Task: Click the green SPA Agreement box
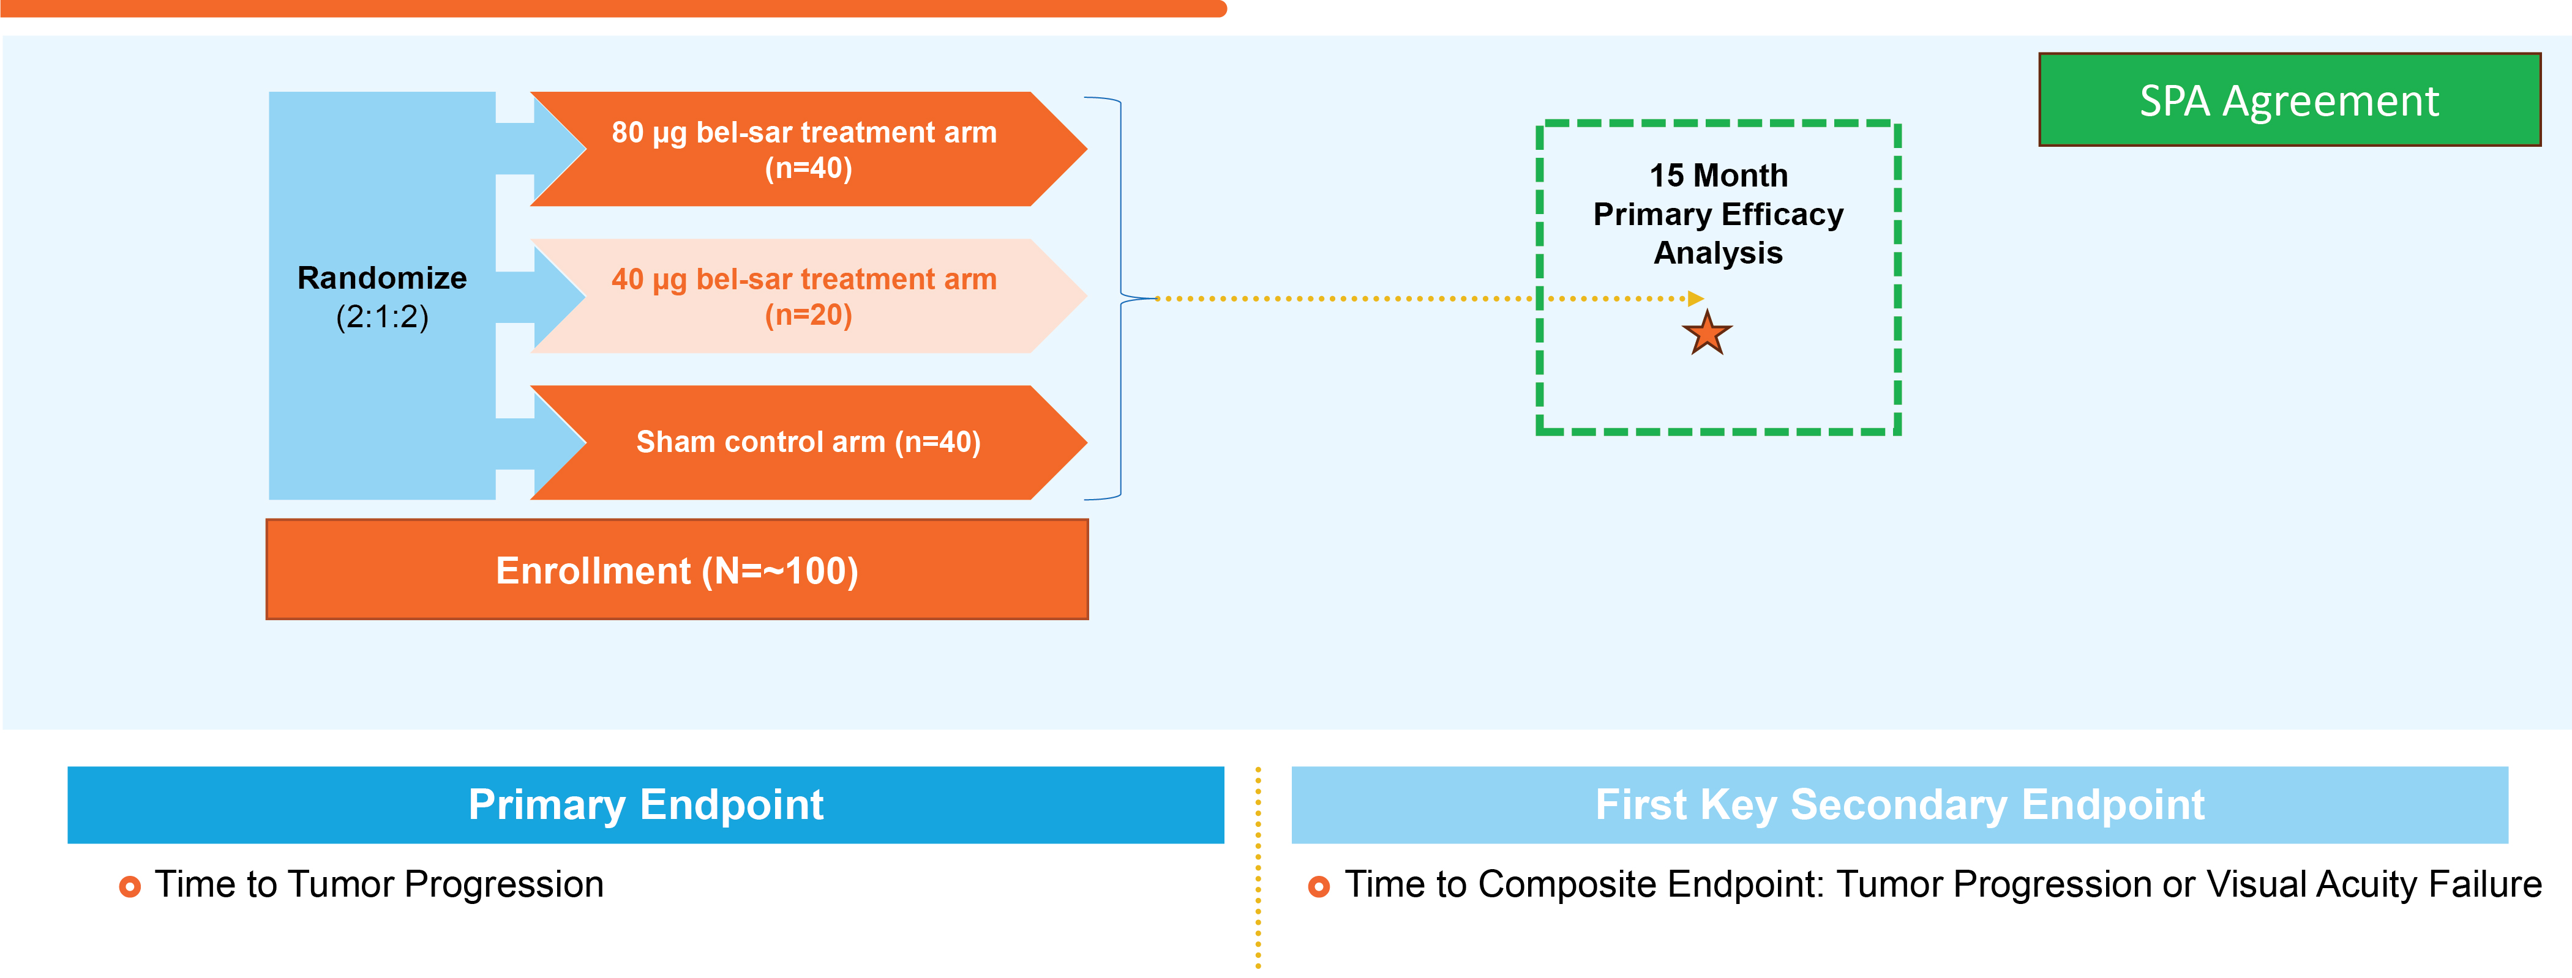(x=2289, y=100)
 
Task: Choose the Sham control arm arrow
(x=809, y=442)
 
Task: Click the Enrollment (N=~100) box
(x=677, y=570)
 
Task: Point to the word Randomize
(x=383, y=278)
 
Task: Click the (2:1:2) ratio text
(x=383, y=317)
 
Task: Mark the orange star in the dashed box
(x=1708, y=333)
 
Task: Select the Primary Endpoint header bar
(x=646, y=804)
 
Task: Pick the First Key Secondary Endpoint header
(x=1899, y=804)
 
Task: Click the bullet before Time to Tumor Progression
(x=130, y=886)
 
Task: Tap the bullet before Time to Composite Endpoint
(x=1319, y=886)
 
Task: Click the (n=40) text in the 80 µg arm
(x=809, y=168)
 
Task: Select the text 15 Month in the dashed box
(x=1719, y=176)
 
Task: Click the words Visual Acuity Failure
(x=2374, y=885)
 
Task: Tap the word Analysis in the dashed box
(x=1719, y=253)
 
